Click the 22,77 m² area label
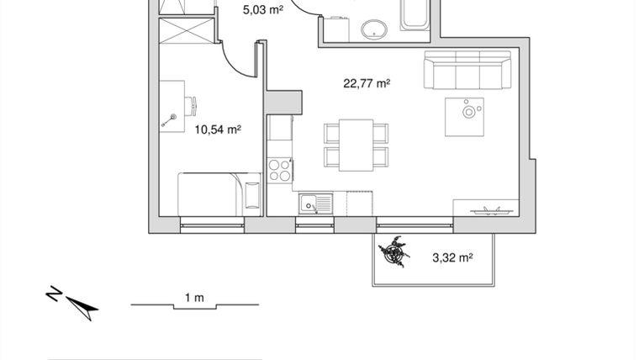[x=367, y=83]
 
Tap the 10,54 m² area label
[x=218, y=130]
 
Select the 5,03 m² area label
[x=263, y=10]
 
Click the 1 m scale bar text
[x=194, y=297]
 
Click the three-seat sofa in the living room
[x=467, y=71]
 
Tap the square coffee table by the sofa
[x=465, y=115]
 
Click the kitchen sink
[x=314, y=202]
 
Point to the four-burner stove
[x=280, y=171]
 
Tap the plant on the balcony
[x=393, y=251]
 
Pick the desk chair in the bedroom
[x=193, y=106]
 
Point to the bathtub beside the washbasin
[x=416, y=17]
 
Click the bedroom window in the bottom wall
[x=213, y=225]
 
